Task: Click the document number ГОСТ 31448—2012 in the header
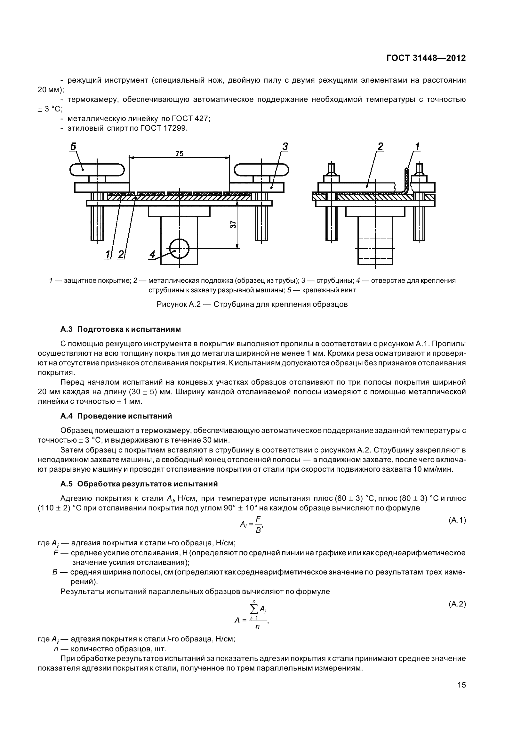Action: (426, 58)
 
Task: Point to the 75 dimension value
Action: (179, 154)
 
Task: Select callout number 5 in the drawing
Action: (73, 146)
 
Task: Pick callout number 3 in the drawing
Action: (285, 146)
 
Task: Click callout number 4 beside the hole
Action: (152, 254)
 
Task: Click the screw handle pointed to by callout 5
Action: (97, 169)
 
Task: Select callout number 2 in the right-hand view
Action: (380, 146)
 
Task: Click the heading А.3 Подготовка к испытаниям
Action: (121, 329)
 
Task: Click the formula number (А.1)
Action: (457, 520)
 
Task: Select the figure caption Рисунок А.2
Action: (252, 304)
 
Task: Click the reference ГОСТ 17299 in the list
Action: (164, 128)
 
